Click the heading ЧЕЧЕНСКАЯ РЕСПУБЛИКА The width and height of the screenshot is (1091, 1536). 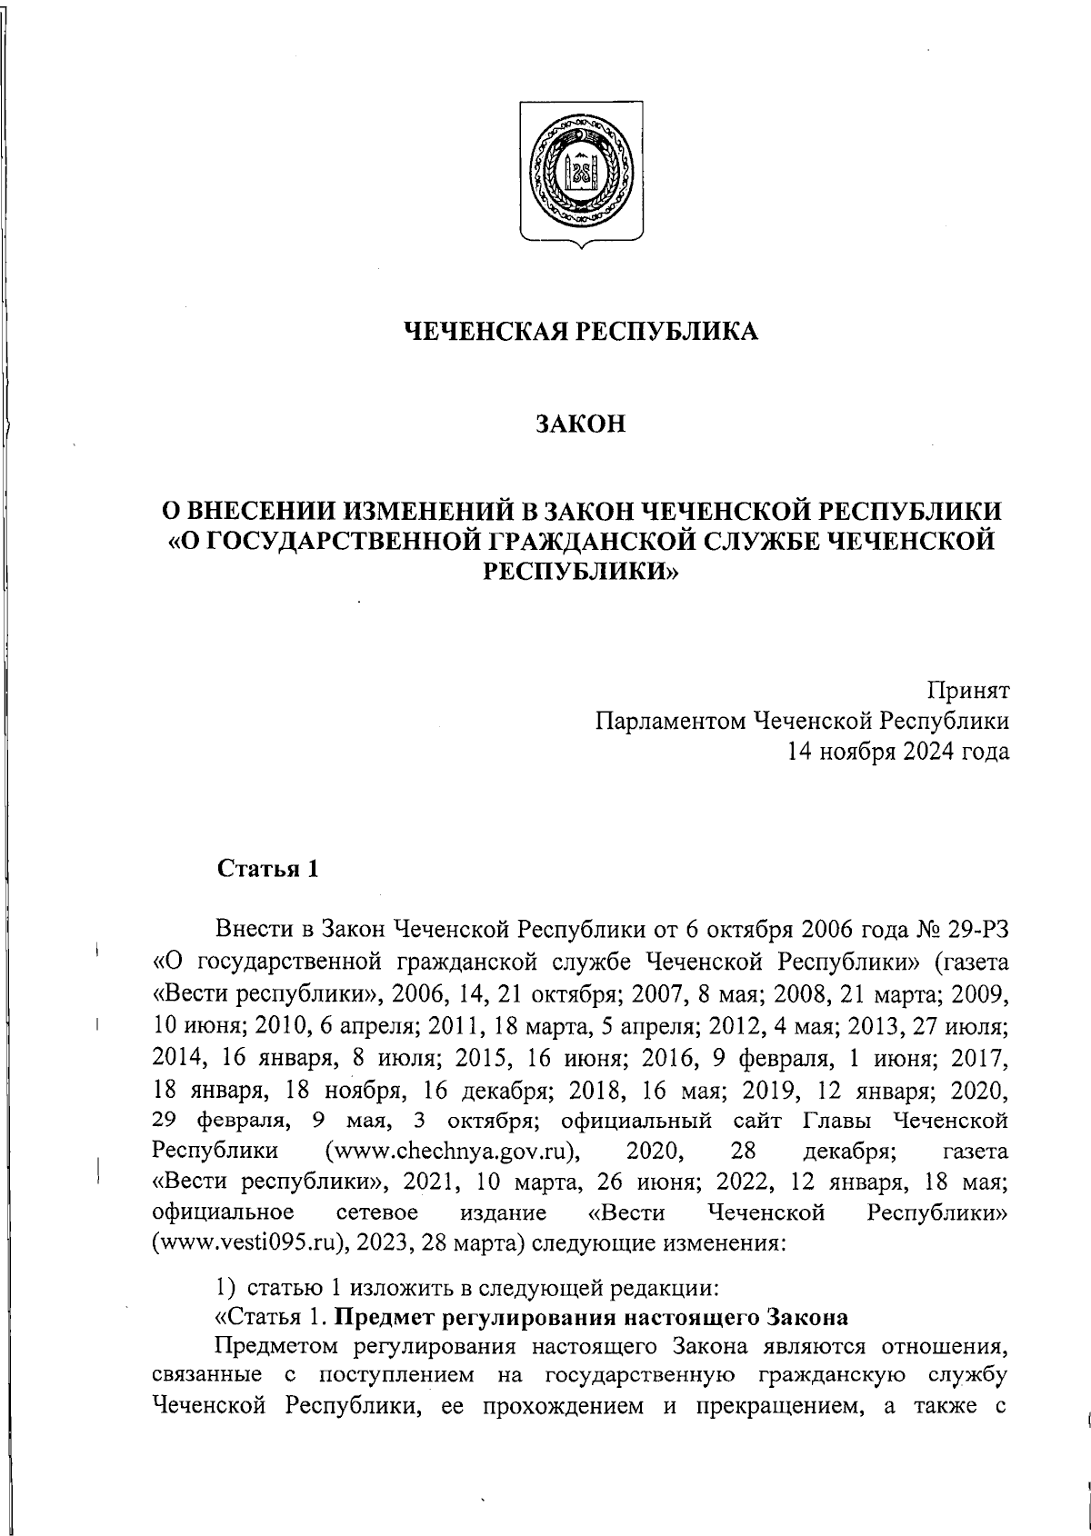click(581, 332)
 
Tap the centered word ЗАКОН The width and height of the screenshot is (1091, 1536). click(581, 424)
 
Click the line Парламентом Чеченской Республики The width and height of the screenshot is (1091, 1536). click(802, 721)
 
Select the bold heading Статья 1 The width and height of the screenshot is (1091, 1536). click(267, 869)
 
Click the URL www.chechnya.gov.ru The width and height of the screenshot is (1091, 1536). click(454, 1152)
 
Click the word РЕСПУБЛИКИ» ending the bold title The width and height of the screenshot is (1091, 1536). click(580, 571)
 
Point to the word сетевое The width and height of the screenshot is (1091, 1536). click(376, 1212)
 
